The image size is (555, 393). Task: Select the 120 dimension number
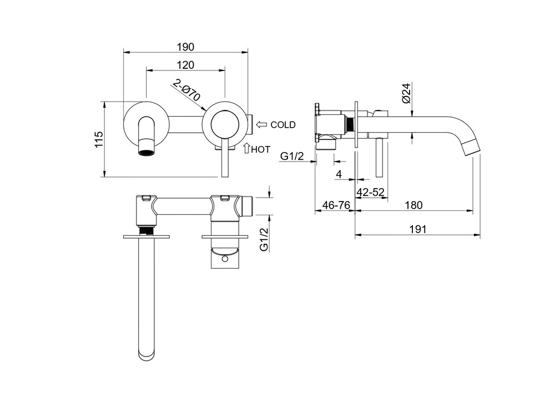186,65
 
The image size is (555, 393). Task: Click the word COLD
283,125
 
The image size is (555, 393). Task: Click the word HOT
261,149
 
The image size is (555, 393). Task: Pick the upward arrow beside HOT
247,148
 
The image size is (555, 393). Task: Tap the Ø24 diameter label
406,93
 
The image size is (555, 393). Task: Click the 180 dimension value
413,205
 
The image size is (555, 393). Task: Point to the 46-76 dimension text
336,205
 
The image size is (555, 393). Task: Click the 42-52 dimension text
371,192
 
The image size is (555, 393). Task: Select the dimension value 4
339,174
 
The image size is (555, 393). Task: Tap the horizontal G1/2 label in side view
291,157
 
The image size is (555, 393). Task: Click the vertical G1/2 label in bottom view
264,239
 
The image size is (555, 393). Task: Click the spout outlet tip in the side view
471,148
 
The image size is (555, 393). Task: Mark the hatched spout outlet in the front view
146,149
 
